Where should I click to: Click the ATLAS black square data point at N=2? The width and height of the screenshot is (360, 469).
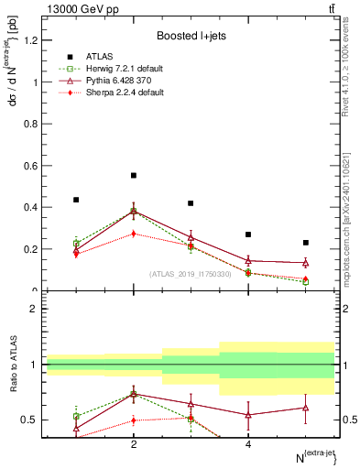[x=134, y=175]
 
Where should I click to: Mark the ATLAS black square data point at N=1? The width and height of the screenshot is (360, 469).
[x=76, y=200]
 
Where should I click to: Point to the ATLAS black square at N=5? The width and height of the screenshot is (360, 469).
[x=306, y=243]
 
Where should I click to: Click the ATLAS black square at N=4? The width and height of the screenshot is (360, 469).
[x=248, y=234]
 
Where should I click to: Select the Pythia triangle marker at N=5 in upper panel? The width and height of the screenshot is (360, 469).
[x=306, y=263]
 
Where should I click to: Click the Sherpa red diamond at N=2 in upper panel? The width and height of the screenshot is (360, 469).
[x=134, y=234]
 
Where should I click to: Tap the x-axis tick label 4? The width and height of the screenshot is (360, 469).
[x=248, y=445]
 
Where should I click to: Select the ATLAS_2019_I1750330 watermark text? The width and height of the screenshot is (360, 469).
[x=190, y=273]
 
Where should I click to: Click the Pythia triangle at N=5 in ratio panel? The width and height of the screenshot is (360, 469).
[x=306, y=408]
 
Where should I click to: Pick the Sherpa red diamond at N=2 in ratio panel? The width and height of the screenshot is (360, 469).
[x=134, y=420]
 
